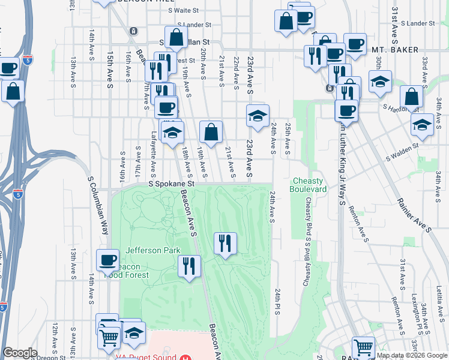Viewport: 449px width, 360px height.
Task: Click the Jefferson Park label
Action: (148, 250)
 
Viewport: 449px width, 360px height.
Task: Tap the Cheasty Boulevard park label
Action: (309, 185)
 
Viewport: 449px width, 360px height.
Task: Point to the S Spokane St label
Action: (172, 184)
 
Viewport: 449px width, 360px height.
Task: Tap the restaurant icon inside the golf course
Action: (225, 243)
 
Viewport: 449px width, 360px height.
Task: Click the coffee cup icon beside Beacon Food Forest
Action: (108, 260)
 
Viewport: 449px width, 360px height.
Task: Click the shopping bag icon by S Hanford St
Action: (411, 97)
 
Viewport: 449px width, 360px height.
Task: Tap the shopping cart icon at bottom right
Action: (364, 347)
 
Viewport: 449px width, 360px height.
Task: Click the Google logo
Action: (20, 353)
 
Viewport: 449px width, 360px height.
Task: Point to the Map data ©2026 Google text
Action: (412, 355)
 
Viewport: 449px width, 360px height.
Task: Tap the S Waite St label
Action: (183, 10)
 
